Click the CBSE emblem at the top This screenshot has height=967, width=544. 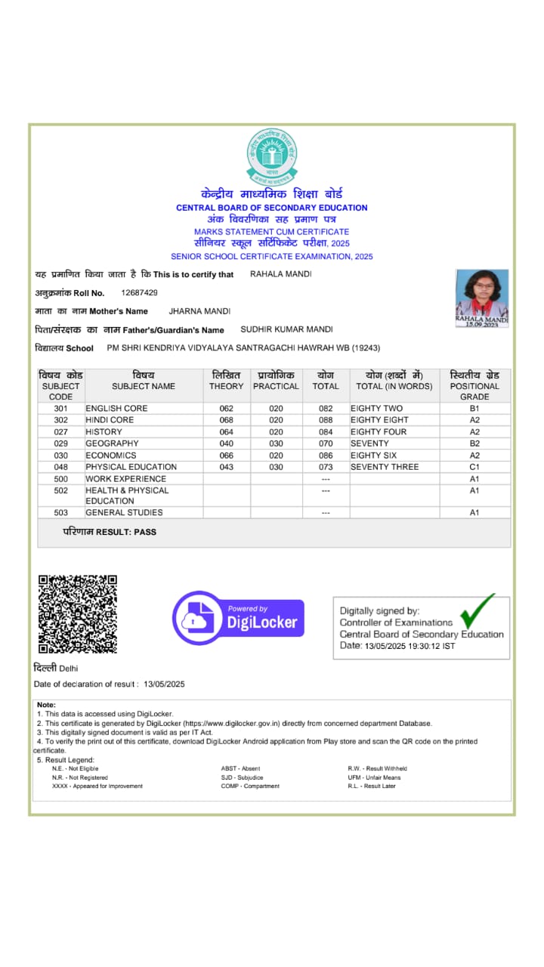[272, 157]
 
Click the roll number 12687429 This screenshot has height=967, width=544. [140, 292]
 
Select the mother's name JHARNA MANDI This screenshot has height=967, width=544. [199, 311]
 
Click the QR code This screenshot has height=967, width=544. [78, 613]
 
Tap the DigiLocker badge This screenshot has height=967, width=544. [239, 618]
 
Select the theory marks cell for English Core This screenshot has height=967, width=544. [227, 409]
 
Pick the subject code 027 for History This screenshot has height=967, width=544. [61, 432]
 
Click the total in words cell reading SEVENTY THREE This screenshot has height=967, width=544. [385, 467]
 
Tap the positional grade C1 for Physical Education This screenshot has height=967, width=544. [474, 467]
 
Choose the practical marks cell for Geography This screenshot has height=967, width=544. [276, 443]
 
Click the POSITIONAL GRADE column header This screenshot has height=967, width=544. [474, 385]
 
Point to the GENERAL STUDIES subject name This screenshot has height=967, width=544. [124, 513]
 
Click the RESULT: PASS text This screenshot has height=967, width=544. [110, 532]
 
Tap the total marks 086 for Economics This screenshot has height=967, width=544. [326, 456]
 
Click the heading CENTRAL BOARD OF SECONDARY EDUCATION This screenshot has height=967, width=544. [272, 208]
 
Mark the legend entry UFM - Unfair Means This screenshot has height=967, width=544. [374, 777]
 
